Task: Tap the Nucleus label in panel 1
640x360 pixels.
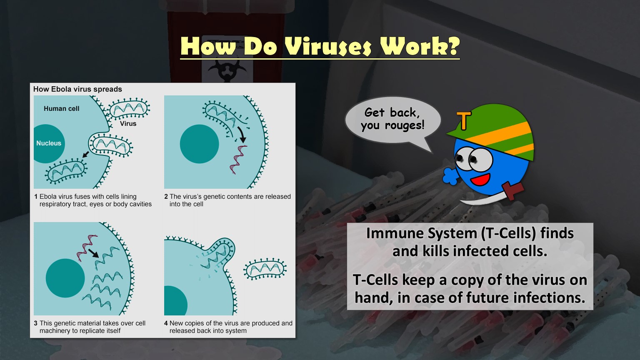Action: (x=49, y=143)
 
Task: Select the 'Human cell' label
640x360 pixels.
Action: (x=61, y=109)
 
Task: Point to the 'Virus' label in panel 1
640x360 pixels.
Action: (x=128, y=124)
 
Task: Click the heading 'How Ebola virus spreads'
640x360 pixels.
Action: (x=77, y=89)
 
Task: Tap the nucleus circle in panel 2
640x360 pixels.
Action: (x=199, y=144)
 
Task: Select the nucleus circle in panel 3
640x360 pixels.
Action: (x=65, y=278)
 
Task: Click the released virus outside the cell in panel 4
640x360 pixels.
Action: (x=265, y=269)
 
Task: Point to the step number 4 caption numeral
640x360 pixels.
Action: (x=166, y=323)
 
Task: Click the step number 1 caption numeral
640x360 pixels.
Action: (x=36, y=197)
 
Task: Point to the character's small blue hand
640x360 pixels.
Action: (x=450, y=176)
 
